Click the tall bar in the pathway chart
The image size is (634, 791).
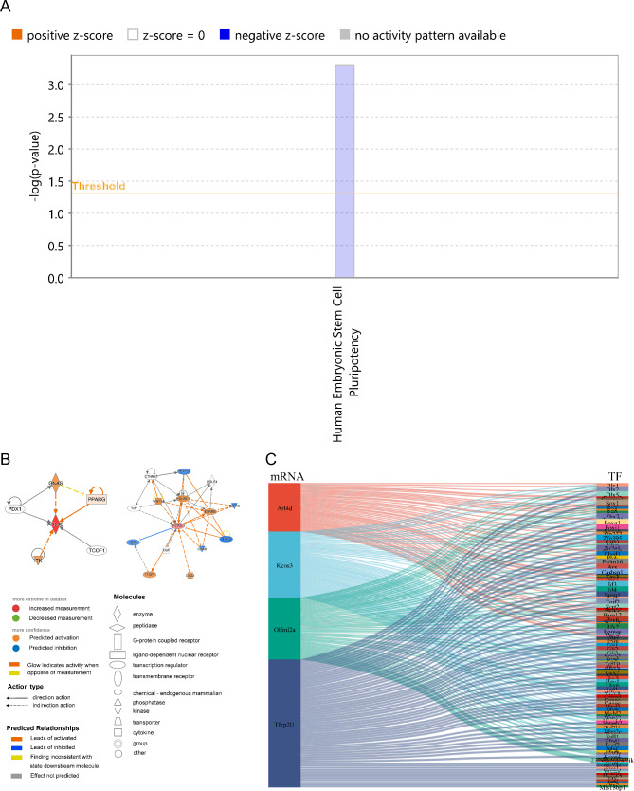[344, 171]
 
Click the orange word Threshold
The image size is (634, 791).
[98, 186]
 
